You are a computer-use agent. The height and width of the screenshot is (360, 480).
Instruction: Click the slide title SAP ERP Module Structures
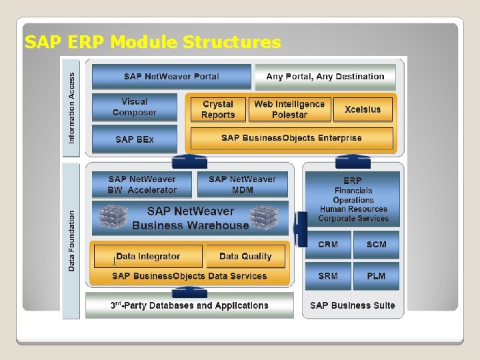click(x=153, y=43)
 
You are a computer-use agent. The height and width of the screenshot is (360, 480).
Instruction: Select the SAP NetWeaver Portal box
click(x=171, y=77)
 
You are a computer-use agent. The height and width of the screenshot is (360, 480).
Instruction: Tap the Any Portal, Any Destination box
click(x=325, y=77)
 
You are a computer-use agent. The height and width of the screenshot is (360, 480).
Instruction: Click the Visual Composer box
click(x=135, y=107)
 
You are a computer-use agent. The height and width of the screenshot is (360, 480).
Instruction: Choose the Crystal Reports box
click(x=218, y=109)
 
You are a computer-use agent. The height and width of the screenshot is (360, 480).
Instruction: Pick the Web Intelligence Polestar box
click(x=289, y=109)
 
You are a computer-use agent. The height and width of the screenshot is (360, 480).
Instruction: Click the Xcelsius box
click(x=363, y=109)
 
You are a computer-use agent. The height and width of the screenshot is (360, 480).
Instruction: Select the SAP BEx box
click(x=135, y=139)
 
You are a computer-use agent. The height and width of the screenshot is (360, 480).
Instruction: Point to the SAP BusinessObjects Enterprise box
click(x=291, y=139)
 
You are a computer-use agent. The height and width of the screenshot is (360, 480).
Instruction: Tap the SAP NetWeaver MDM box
click(x=242, y=185)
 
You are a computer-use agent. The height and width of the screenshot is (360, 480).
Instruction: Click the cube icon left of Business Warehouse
click(x=113, y=217)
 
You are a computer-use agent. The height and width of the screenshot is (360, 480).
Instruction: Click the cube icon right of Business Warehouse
click(x=263, y=217)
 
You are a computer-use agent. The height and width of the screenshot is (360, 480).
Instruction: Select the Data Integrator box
click(x=148, y=257)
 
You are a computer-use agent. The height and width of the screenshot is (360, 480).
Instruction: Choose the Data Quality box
click(x=245, y=257)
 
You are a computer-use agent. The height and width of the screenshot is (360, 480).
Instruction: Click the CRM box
click(x=328, y=245)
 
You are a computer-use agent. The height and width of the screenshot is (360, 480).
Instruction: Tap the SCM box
click(x=376, y=245)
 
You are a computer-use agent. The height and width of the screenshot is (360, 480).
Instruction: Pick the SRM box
click(x=328, y=276)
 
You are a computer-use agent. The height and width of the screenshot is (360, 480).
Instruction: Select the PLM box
click(x=376, y=276)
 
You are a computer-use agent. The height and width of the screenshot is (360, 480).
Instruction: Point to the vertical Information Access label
click(x=72, y=108)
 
